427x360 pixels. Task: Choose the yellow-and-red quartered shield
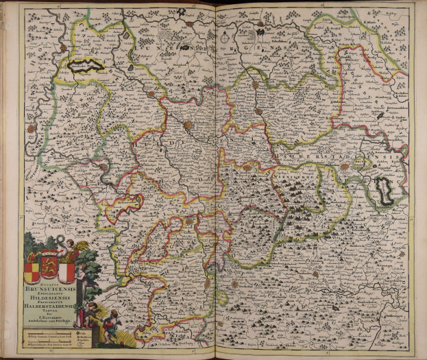32,271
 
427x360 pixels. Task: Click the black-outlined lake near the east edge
382,189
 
